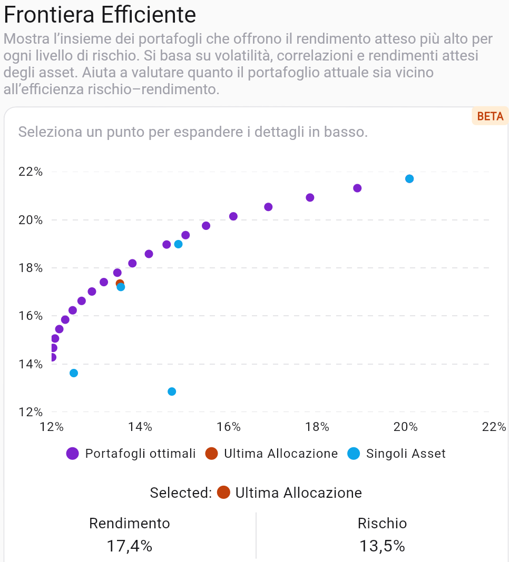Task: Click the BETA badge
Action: [490, 116]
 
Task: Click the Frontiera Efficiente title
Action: [100, 15]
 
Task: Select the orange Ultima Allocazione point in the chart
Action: [120, 284]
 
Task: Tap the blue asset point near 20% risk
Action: [409, 179]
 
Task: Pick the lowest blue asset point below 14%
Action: [172, 392]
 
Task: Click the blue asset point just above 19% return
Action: [178, 244]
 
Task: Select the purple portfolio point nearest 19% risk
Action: [357, 188]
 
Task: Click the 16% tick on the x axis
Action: [229, 427]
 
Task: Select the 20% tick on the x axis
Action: [406, 427]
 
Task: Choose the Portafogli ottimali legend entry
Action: [131, 454]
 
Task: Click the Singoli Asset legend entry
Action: [397, 454]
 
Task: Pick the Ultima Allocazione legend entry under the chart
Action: [272, 454]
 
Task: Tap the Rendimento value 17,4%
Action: [130, 546]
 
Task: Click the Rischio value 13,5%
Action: [382, 546]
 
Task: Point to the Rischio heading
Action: [382, 524]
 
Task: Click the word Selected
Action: [180, 493]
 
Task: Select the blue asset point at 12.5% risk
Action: [74, 373]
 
